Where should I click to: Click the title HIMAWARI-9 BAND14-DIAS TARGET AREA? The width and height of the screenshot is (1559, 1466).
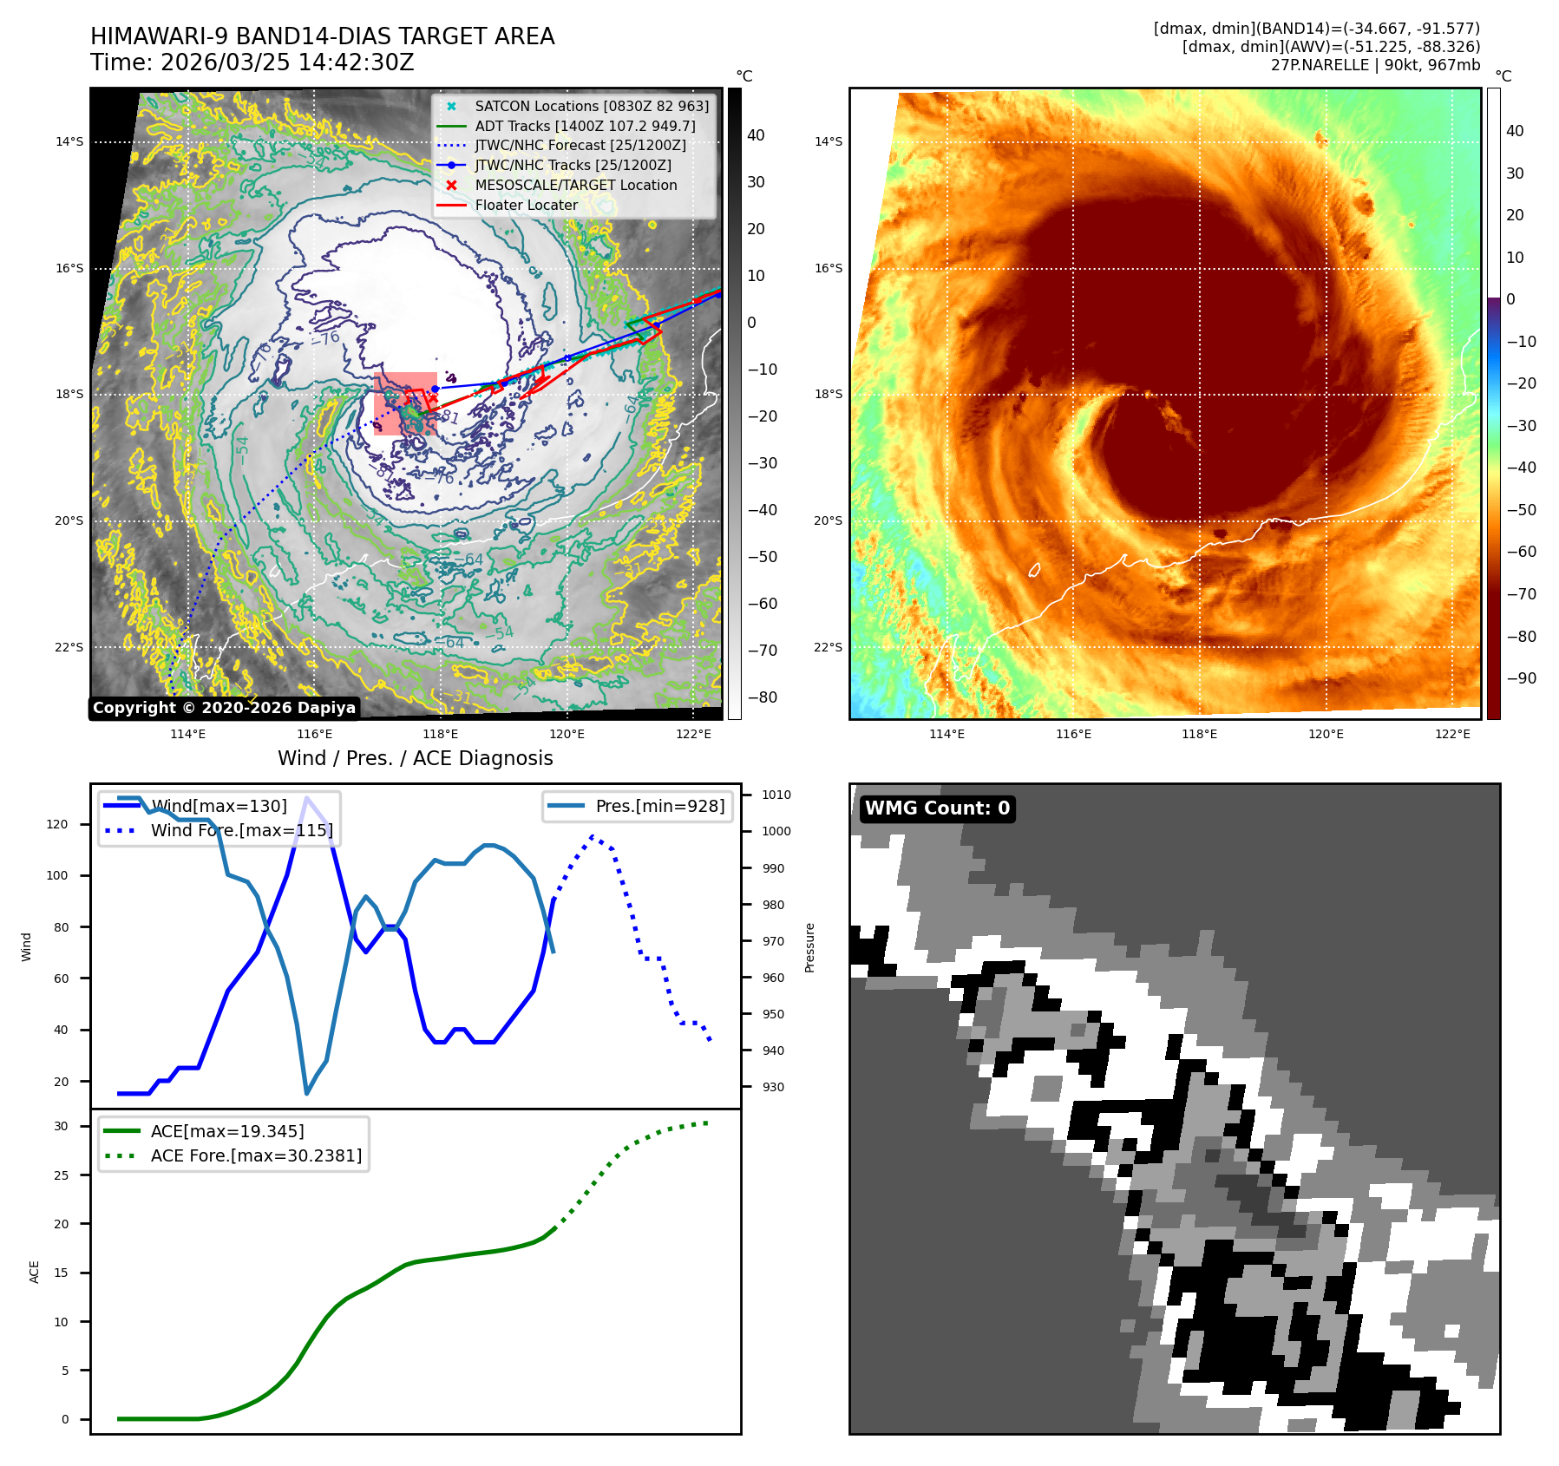tap(322, 36)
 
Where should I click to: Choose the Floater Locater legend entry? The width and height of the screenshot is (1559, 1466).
tap(526, 205)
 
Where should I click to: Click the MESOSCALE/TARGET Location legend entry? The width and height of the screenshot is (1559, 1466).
tap(575, 185)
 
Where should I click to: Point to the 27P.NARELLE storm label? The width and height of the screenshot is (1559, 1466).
tap(1375, 65)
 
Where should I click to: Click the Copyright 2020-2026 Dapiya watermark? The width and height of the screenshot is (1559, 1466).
tap(224, 708)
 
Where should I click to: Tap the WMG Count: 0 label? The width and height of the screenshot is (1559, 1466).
tap(937, 808)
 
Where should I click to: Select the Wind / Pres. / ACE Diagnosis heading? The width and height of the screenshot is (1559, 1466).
tap(415, 758)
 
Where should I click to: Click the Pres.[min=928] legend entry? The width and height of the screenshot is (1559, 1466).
tap(659, 806)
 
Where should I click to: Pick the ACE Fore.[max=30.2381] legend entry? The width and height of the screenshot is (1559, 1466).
tap(256, 1155)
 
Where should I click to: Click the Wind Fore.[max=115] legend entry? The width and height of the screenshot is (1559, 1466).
tap(241, 830)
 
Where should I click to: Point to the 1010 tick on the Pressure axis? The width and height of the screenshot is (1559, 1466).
tap(776, 795)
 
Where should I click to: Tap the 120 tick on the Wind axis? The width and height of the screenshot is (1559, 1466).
tap(57, 824)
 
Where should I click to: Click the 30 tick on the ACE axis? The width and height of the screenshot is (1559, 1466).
tap(61, 1126)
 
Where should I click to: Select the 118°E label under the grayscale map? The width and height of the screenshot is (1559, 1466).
tap(441, 734)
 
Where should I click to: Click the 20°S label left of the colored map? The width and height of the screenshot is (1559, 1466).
tap(828, 520)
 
